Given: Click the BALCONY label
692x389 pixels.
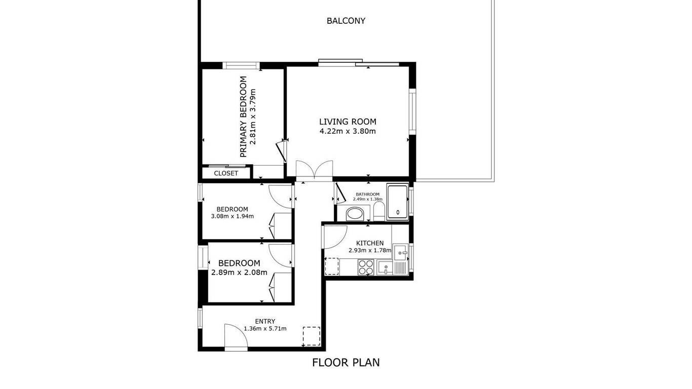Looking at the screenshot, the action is tap(345, 21).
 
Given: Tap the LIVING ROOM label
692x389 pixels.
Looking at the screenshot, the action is tap(348, 122).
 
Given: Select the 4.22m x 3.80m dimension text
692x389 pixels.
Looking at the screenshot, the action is tap(348, 131).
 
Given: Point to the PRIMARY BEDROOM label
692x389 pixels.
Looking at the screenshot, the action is tap(244, 116).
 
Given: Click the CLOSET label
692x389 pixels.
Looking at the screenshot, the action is tap(226, 173).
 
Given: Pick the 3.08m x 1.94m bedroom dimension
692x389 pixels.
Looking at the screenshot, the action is tap(233, 216).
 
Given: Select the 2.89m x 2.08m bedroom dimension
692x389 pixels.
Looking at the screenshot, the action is tap(239, 273).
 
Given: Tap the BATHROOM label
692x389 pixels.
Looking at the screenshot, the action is tap(368, 194).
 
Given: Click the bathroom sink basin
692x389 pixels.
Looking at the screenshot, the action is tap(355, 214).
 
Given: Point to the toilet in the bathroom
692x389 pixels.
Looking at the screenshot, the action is tap(379, 211).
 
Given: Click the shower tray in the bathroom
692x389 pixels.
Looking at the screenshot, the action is tap(398, 202).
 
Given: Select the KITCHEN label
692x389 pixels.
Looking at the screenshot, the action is tap(370, 243).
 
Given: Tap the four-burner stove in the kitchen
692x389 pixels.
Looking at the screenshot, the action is tap(366, 267).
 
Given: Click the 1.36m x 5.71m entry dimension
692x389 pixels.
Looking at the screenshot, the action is tap(265, 328).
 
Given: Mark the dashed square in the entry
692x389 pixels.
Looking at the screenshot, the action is tap(312, 336).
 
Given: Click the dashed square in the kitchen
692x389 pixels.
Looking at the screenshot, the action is tap(332, 266).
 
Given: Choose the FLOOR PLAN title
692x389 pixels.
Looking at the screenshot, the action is tap(345, 363).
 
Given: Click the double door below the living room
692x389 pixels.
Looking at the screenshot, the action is tap(314, 170).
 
